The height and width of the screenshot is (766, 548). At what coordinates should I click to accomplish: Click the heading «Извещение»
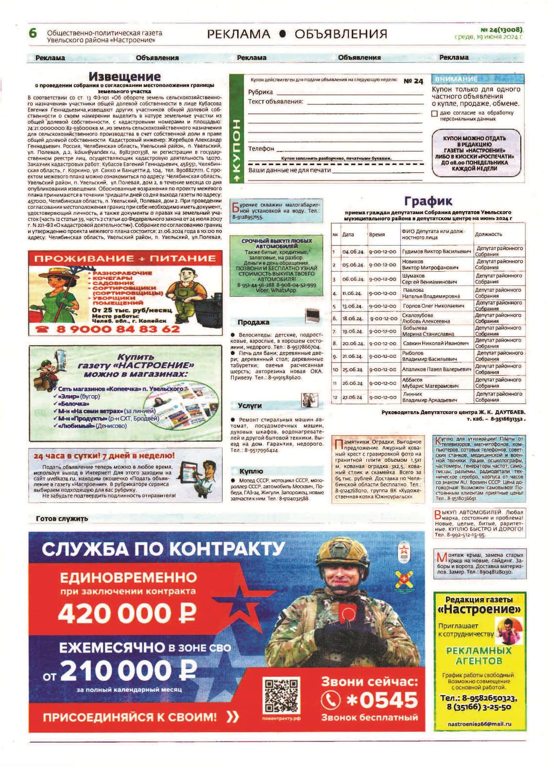coord(125,77)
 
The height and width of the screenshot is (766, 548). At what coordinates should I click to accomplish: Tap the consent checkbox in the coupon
coord(434,114)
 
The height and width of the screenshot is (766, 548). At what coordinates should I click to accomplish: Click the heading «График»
coord(428,201)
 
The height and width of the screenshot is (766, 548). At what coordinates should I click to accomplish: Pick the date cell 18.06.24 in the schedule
coord(352,318)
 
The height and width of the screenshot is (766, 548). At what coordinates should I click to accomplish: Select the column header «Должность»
coord(488,234)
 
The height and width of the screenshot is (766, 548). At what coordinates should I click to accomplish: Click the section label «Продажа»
coord(253,322)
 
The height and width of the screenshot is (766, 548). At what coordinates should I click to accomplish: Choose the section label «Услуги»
coord(250,406)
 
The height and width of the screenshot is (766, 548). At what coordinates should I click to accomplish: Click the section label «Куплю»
coord(251,471)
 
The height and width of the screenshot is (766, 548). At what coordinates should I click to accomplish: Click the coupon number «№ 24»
coord(413,82)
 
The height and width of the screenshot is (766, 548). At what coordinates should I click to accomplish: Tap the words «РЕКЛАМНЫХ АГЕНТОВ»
coord(479,656)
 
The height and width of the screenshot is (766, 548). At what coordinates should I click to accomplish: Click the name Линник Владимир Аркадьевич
coord(429,397)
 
